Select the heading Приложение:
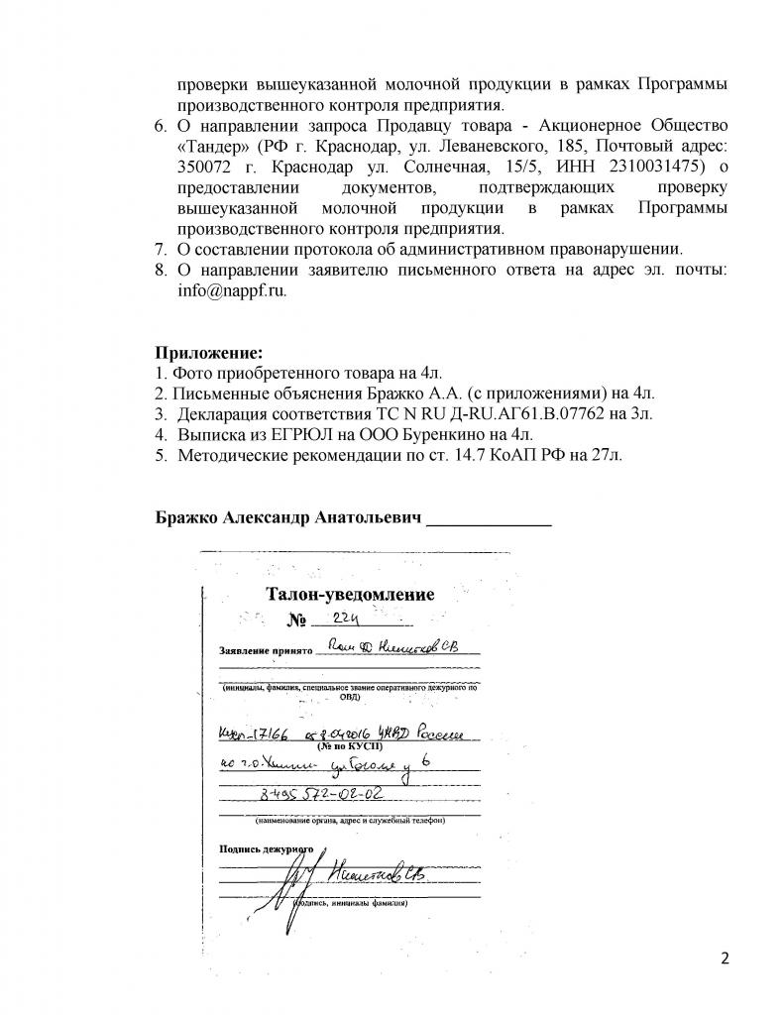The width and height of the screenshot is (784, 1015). pyautogui.click(x=209, y=352)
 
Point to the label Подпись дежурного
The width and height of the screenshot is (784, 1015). pyautogui.click(x=266, y=848)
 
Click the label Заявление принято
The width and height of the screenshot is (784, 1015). pyautogui.click(x=265, y=652)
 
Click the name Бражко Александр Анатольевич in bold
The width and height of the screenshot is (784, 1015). pyautogui.click(x=288, y=518)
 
